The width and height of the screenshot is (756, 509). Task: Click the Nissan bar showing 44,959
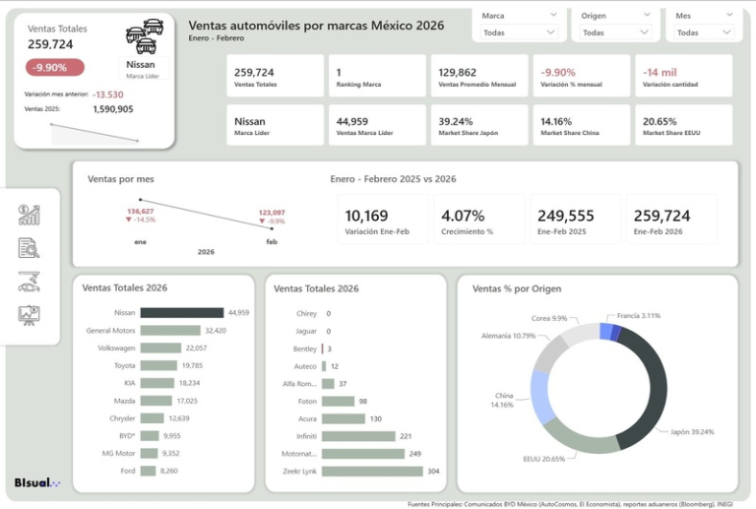point(181,312)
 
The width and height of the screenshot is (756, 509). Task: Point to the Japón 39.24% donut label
point(691,431)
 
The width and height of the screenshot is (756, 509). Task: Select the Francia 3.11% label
point(639,315)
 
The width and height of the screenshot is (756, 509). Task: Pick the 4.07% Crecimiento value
point(464,216)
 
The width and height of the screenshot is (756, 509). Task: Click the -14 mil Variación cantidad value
point(660,73)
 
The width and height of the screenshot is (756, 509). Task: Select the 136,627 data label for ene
point(140,212)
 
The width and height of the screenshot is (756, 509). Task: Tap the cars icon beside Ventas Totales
point(145,35)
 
